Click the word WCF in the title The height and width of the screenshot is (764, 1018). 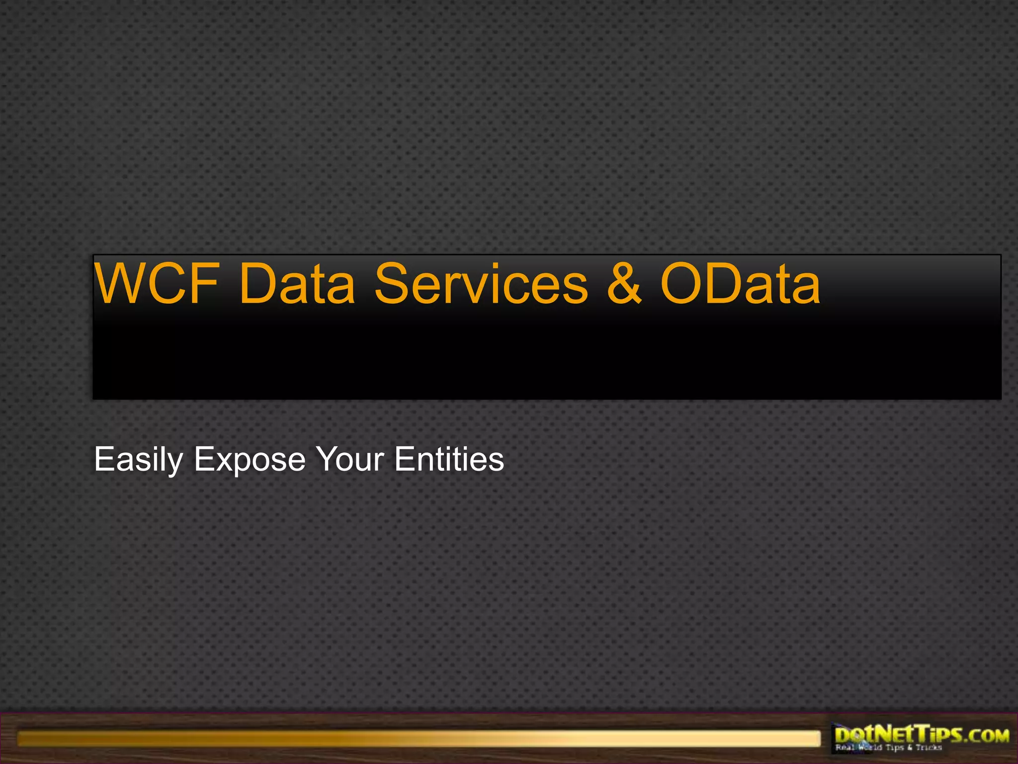tap(157, 284)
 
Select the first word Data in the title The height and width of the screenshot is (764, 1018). tap(297, 284)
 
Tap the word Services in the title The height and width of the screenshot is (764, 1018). tap(481, 284)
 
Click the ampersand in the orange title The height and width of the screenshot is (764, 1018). tap(624, 284)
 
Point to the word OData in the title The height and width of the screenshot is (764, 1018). tap(740, 284)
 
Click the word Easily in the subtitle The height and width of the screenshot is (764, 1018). tap(138, 459)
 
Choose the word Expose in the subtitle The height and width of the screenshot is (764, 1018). tap(250, 459)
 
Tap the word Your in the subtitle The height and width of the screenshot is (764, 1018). tap(350, 459)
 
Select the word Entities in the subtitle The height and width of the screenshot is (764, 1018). tap(449, 459)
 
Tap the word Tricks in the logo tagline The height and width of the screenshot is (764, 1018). tap(929, 748)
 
